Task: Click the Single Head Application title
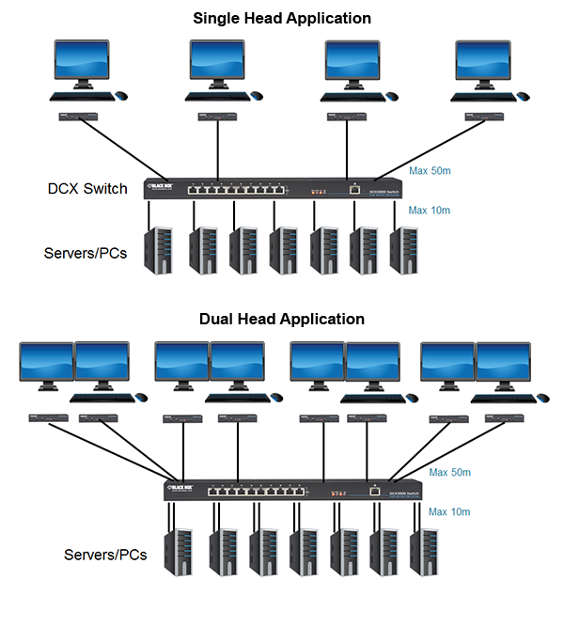tap(282, 18)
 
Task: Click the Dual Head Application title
tap(282, 319)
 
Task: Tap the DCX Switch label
tap(87, 189)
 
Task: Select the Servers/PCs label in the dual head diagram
tap(105, 555)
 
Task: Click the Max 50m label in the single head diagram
tap(430, 171)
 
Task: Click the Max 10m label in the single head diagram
tap(430, 211)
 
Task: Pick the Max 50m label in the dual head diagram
tap(449, 473)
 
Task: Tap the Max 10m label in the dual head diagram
tap(449, 512)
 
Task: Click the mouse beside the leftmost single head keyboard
tap(120, 95)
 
